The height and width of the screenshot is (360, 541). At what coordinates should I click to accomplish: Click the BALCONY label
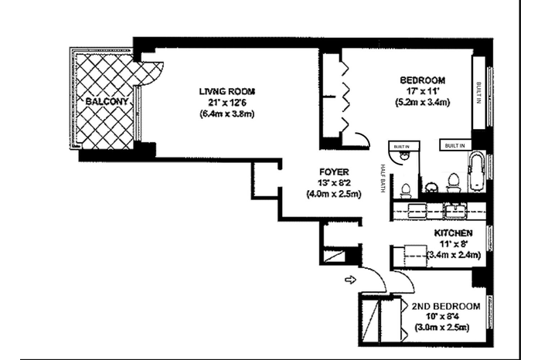point(107,101)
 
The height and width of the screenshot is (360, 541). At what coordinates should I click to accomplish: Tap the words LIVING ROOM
point(227,92)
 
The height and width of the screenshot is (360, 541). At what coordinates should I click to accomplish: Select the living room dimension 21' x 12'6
point(226,103)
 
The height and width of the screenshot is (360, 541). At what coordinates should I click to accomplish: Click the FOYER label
point(334,172)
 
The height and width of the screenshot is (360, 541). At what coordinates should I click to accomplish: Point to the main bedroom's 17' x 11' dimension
point(422,91)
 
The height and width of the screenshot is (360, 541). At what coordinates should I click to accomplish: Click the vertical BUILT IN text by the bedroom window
point(478,93)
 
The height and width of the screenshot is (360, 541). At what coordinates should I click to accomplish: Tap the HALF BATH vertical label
point(383,178)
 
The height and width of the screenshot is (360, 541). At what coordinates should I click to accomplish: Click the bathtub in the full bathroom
point(477,172)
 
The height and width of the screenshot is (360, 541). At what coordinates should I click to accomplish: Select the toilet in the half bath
point(406,191)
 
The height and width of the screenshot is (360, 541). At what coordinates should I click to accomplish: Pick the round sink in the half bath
point(403,157)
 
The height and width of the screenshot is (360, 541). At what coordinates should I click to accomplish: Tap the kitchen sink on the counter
point(455,210)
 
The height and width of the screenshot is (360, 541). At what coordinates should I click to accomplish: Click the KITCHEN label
point(454,233)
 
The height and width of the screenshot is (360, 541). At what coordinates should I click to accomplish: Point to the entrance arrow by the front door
point(351,280)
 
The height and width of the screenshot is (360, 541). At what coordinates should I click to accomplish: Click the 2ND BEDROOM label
point(446,306)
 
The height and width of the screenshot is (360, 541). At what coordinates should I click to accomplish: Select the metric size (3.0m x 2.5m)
point(442,328)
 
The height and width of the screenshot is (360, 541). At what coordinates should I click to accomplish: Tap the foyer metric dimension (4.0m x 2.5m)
point(334,194)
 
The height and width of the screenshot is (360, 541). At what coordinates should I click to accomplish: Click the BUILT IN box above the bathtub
point(455,145)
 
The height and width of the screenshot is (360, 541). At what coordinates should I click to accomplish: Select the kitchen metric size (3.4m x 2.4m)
point(454,255)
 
